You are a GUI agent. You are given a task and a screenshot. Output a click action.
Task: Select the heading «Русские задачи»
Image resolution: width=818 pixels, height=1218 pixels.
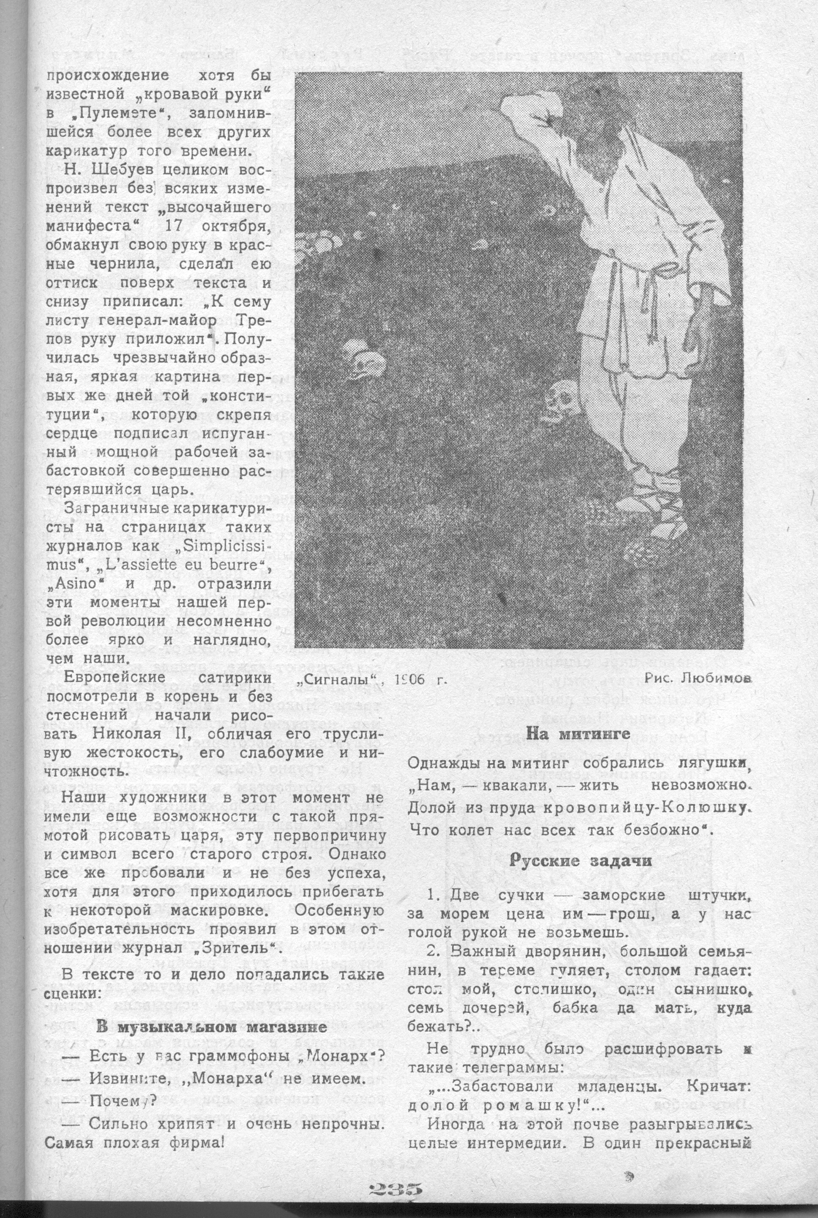point(580,861)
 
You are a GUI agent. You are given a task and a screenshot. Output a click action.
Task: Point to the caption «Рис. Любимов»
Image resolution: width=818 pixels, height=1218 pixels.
point(698,678)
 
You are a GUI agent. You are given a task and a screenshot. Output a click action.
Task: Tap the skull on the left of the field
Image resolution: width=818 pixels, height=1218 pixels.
point(360,359)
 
